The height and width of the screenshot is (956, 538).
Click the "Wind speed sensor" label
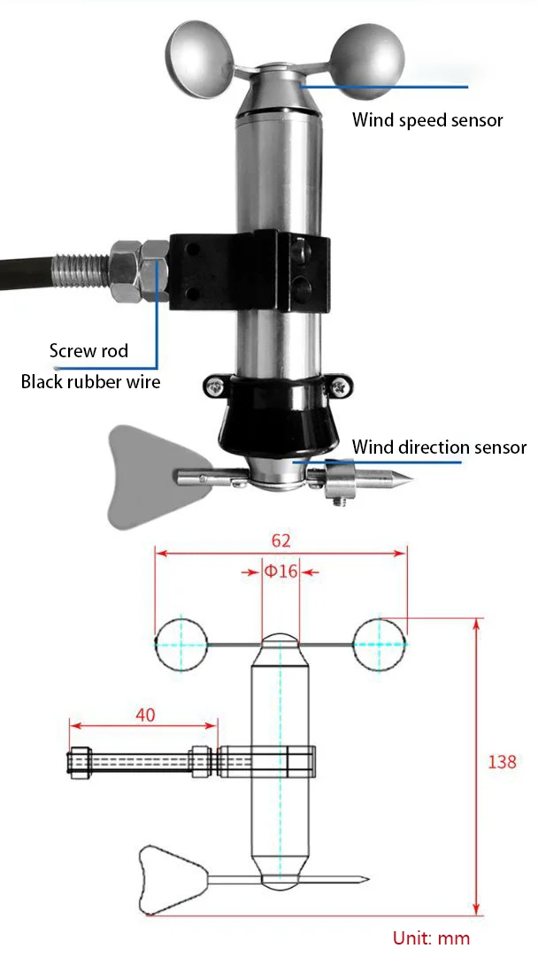click(427, 119)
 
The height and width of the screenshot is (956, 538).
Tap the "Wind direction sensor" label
click(439, 447)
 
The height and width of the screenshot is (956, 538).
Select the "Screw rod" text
click(88, 351)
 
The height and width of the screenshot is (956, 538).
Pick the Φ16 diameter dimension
click(281, 570)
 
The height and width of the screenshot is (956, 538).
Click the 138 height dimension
click(502, 761)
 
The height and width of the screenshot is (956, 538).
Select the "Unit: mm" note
click(431, 938)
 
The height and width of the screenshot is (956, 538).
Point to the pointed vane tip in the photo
click(398, 483)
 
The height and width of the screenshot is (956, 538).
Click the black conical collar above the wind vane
click(281, 416)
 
